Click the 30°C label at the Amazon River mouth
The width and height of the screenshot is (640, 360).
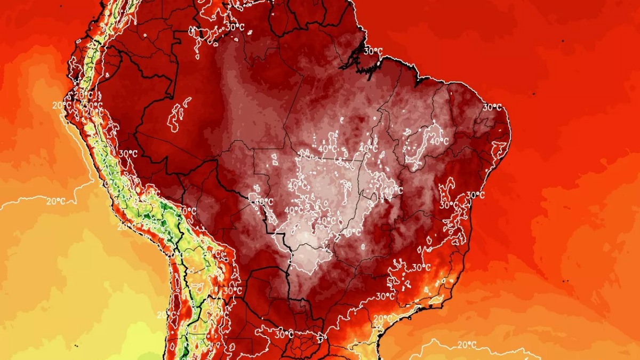[x=373, y=51]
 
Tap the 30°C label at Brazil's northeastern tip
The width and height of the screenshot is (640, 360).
[x=492, y=107]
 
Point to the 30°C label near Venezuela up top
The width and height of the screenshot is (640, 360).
[x=235, y=26]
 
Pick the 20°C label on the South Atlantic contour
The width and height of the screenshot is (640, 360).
[x=466, y=345]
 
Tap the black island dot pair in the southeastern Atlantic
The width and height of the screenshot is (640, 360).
[x=565, y=280]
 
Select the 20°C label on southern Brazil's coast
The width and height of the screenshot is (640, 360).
[x=382, y=318]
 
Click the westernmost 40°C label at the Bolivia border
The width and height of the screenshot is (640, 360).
[x=263, y=202]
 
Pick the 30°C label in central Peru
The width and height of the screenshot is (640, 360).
[x=127, y=154]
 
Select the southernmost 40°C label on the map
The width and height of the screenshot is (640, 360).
[x=351, y=232]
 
